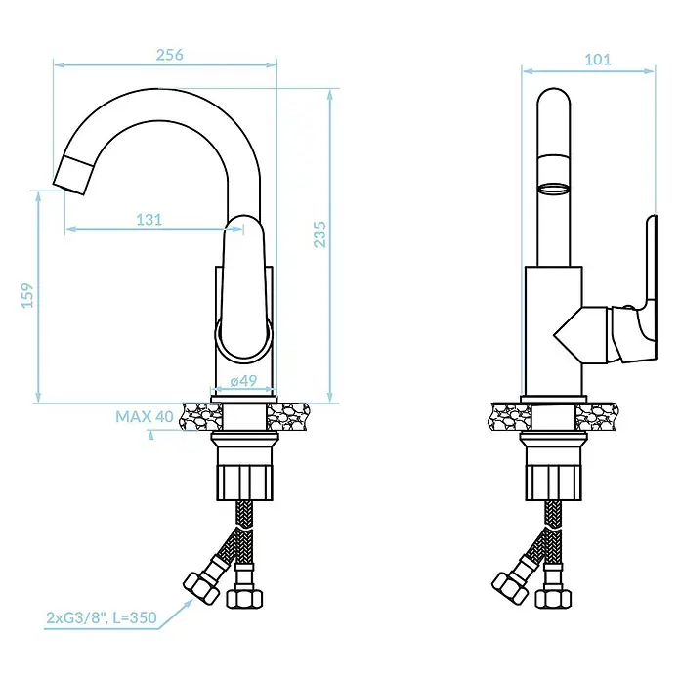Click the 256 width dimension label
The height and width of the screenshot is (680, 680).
[170, 55]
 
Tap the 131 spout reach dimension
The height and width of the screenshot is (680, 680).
[149, 220]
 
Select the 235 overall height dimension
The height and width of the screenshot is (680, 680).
[320, 234]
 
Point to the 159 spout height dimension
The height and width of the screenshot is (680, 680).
[27, 295]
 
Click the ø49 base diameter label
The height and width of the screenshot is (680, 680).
[243, 381]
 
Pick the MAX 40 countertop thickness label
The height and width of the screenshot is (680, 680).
[145, 417]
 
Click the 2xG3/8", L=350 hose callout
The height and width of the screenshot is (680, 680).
[102, 617]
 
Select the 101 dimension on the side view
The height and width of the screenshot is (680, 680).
[598, 60]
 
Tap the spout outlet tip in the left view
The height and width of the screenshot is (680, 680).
[69, 188]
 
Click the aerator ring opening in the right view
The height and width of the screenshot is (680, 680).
[553, 190]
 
